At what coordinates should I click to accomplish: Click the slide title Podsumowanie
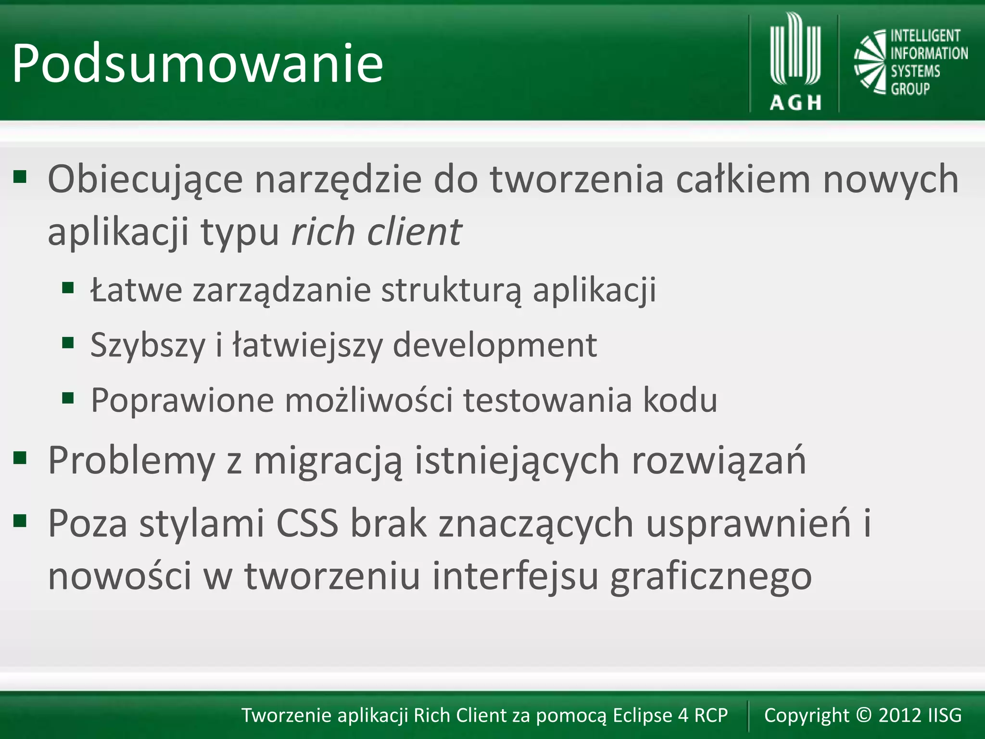tap(197, 64)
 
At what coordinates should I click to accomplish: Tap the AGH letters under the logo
tap(796, 102)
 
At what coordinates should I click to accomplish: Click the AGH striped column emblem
tap(795, 51)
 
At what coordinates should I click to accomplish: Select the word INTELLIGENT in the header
tap(925, 36)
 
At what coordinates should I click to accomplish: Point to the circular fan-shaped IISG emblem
tap(870, 62)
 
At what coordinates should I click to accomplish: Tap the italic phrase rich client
tap(377, 232)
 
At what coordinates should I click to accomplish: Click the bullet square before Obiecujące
tap(20, 177)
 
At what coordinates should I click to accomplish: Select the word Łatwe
tap(137, 290)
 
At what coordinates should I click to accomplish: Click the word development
tap(495, 345)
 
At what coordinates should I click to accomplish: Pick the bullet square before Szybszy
tap(68, 343)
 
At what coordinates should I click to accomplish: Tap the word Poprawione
tap(182, 400)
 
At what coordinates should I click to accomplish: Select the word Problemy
tap(131, 461)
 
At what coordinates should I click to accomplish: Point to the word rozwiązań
tap(719, 461)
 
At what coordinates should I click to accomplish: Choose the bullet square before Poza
tap(20, 520)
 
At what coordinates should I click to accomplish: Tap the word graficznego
tap(711, 576)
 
